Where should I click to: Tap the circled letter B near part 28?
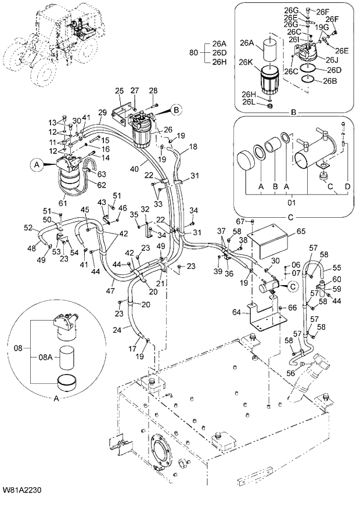tap(177, 109)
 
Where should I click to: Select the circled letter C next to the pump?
tap(293, 285)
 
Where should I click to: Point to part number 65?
tap(301, 231)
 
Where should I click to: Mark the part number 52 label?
tap(28, 228)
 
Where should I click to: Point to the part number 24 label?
tap(117, 330)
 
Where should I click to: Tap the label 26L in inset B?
tap(249, 102)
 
